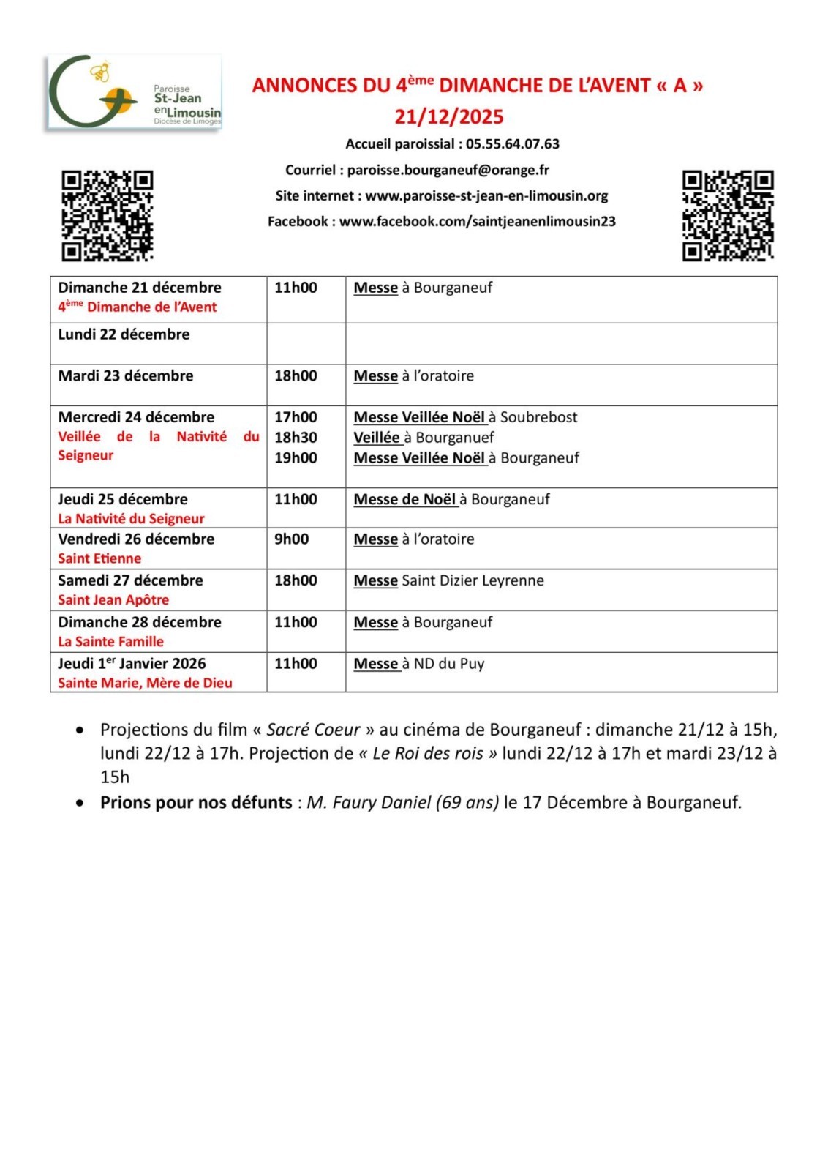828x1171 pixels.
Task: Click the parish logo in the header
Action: [x=134, y=93]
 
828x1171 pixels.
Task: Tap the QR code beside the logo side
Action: [x=107, y=215]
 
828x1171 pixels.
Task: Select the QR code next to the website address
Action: [x=727, y=215]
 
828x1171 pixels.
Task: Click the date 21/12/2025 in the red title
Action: [x=449, y=117]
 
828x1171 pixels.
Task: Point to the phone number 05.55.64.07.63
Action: [x=513, y=144]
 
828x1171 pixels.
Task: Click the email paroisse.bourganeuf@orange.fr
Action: [x=448, y=170]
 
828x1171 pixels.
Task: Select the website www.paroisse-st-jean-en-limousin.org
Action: [x=486, y=195]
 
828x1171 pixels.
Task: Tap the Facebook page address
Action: [x=477, y=221]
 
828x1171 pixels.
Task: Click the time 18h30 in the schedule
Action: [x=296, y=438]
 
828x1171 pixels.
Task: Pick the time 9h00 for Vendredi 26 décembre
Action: [x=291, y=539]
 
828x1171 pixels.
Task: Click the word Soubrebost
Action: [x=538, y=417]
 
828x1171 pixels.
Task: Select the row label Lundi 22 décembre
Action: [x=124, y=334]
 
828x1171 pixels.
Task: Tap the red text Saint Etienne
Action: [x=99, y=558]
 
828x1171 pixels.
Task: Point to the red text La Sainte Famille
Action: [x=110, y=642]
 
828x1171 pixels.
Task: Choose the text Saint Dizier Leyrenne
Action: [x=473, y=581]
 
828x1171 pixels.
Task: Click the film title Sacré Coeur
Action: [x=313, y=730]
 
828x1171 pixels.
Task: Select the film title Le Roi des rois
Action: [x=428, y=754]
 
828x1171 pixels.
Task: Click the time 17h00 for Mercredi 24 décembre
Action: [x=296, y=417]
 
